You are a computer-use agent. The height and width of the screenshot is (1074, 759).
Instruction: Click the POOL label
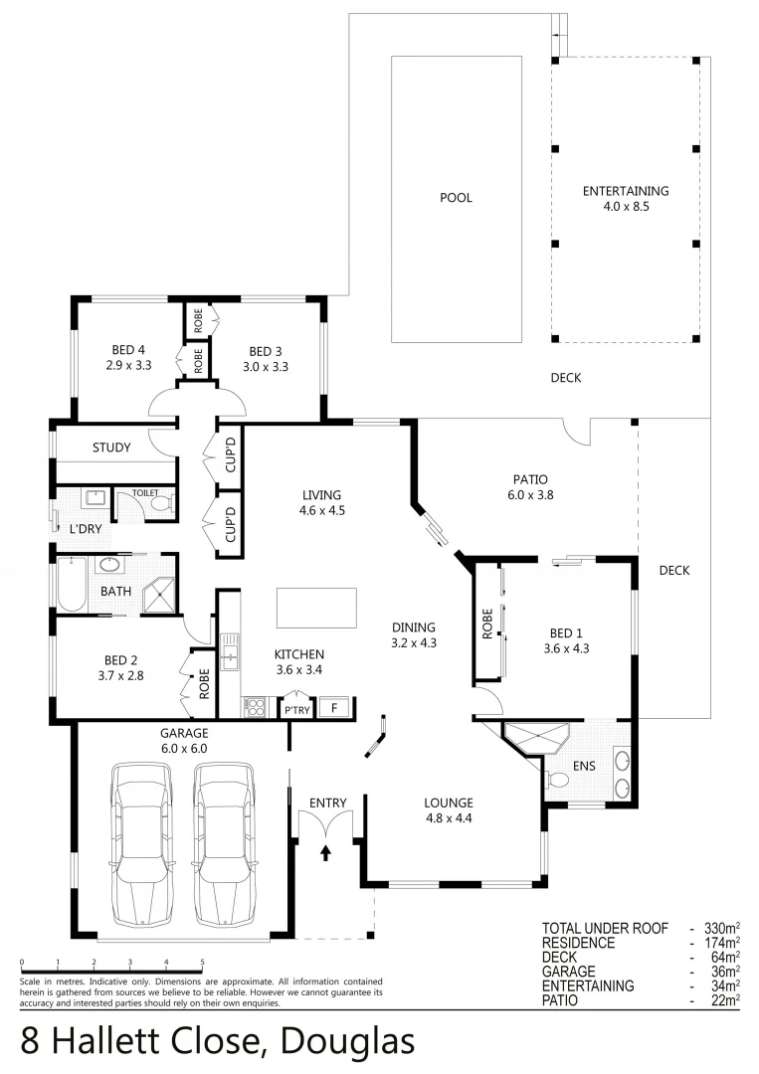[x=456, y=198]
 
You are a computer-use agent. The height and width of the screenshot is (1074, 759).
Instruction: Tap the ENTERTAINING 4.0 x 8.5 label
[x=625, y=199]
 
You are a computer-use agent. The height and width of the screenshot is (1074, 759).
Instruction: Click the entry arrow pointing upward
[x=326, y=852]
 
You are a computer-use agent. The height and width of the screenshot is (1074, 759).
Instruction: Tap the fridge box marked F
[x=334, y=708]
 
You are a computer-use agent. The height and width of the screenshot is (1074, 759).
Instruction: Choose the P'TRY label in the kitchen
[x=297, y=709]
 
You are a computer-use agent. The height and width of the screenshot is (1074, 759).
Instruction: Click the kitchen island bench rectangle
[x=316, y=608]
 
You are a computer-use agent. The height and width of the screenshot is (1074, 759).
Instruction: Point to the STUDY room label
[x=111, y=447]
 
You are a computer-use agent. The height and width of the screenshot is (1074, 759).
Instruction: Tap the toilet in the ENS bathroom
[x=557, y=782]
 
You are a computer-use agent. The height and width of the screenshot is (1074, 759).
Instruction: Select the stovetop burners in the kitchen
[x=255, y=708]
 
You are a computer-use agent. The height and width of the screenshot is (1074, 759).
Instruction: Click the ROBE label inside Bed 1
[x=487, y=624]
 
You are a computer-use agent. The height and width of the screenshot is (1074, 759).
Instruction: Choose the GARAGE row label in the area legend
[x=568, y=971]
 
